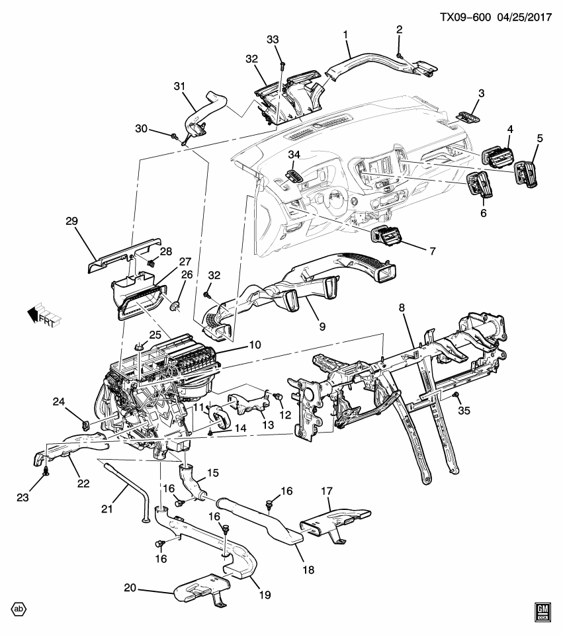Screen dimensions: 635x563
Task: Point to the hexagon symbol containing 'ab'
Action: point(21,609)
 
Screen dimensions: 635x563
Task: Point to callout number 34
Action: point(293,155)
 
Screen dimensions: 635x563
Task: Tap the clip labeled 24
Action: point(85,423)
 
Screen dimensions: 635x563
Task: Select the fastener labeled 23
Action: point(46,472)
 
